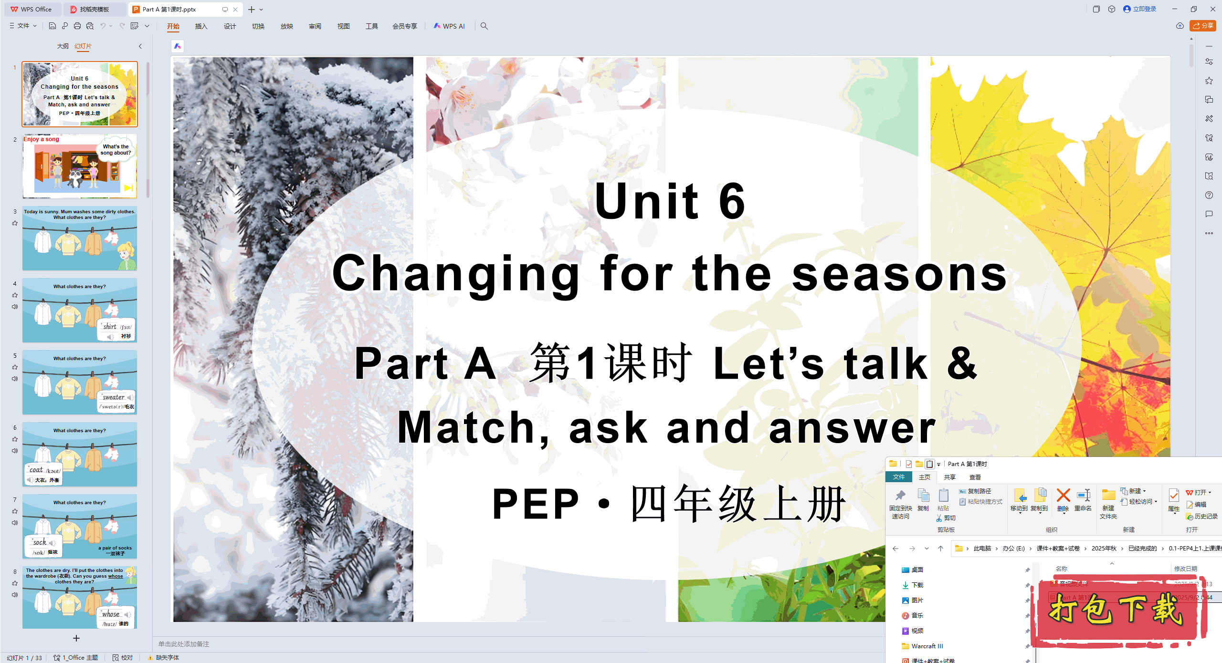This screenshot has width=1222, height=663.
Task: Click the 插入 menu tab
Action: pos(201,26)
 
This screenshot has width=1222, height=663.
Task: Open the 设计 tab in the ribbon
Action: pos(230,26)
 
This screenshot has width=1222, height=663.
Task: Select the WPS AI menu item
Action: pos(449,26)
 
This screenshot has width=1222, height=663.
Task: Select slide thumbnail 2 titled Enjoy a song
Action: pos(80,166)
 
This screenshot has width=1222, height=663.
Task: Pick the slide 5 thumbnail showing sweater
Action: pos(80,382)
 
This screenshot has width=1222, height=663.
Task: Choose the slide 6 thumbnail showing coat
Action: pos(80,454)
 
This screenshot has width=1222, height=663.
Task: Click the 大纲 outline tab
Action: pos(63,46)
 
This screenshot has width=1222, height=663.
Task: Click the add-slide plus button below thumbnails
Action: pos(76,638)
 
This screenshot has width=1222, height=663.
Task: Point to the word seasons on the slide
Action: pos(899,274)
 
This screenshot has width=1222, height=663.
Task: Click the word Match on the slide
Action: pos(465,428)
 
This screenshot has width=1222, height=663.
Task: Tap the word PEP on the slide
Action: pos(536,504)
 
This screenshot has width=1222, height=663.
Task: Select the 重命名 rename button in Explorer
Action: pos(1083,500)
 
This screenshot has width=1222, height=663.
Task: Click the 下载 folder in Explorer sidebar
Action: pos(917,585)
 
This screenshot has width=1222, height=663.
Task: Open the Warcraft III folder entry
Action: pos(927,646)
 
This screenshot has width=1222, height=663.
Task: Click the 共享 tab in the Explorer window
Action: pos(949,477)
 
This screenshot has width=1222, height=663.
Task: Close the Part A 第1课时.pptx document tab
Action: pos(235,10)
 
